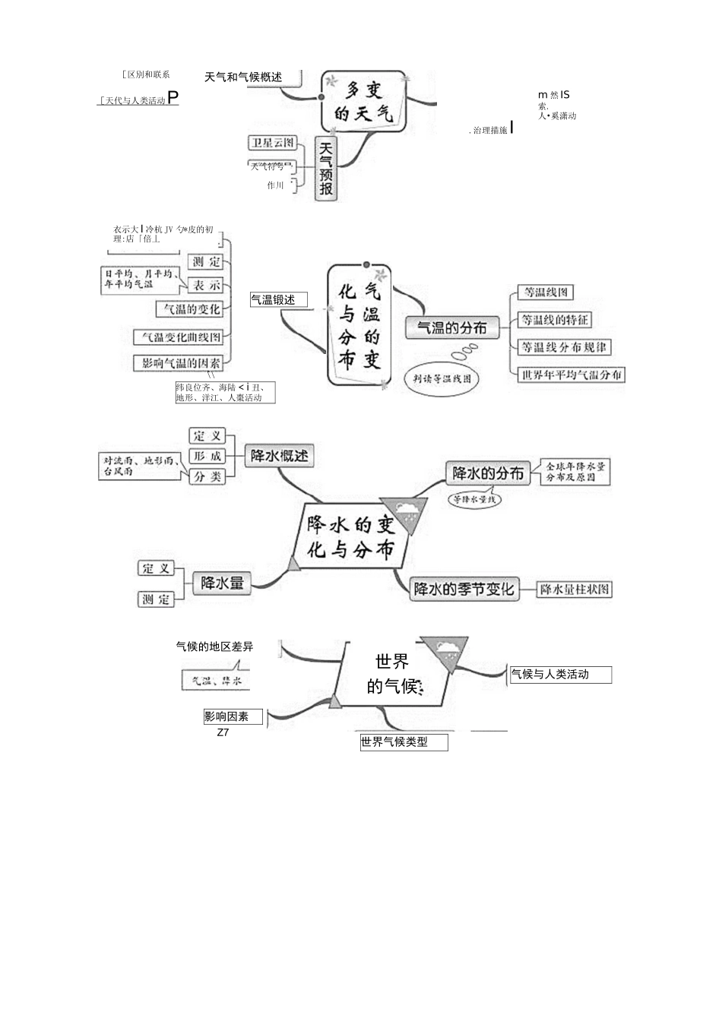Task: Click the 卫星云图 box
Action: click(x=272, y=143)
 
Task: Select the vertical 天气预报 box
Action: click(x=326, y=169)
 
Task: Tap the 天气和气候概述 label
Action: click(x=243, y=77)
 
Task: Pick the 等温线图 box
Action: click(x=545, y=292)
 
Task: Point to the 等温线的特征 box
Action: click(x=555, y=320)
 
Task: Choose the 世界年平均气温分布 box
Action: click(x=571, y=375)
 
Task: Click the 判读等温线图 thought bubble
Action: click(x=442, y=378)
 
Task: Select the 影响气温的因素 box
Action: click(x=181, y=363)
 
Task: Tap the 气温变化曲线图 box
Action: click(x=181, y=337)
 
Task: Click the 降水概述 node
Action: click(x=280, y=456)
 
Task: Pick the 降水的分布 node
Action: click(x=488, y=473)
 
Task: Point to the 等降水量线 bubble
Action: click(x=474, y=499)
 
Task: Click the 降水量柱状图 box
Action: click(x=575, y=589)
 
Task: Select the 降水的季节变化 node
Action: click(x=464, y=589)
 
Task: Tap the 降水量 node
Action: click(x=222, y=583)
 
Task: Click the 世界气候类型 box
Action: click(x=404, y=742)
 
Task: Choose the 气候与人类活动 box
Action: click(x=559, y=674)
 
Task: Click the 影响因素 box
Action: click(x=233, y=716)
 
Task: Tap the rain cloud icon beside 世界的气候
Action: click(x=446, y=650)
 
